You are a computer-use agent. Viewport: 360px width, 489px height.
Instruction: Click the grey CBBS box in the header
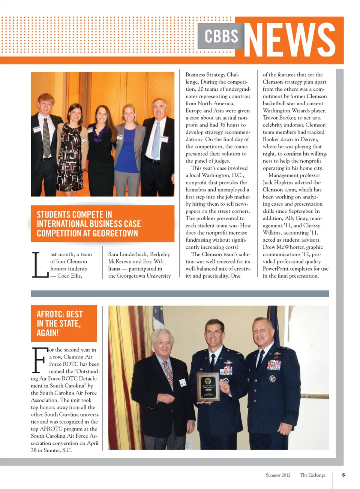tap(221, 36)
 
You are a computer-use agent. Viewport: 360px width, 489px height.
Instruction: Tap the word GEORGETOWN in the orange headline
tap(115, 233)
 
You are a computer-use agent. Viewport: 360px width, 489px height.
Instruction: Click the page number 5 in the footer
tap(343, 475)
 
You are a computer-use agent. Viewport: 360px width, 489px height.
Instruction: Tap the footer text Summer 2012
tap(278, 475)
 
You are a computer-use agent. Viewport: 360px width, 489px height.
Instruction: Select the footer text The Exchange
tap(312, 475)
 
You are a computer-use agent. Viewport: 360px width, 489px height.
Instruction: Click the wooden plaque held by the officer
tap(208, 386)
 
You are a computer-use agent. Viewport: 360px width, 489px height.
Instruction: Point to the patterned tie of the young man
tap(46, 137)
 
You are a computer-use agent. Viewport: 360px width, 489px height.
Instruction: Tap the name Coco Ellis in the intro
tap(69, 276)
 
